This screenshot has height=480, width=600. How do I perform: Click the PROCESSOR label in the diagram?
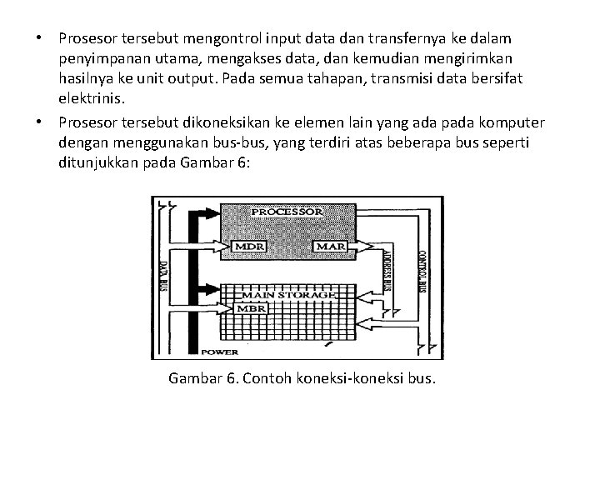pyautogui.click(x=287, y=212)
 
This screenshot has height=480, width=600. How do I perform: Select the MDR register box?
pyautogui.click(x=248, y=247)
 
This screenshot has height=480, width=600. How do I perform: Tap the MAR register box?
pyautogui.click(x=325, y=247)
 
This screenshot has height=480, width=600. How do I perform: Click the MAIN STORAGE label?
pyautogui.click(x=287, y=294)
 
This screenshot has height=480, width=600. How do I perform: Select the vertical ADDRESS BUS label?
pyautogui.click(x=386, y=269)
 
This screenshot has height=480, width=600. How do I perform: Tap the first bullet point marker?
pyautogui.click(x=37, y=39)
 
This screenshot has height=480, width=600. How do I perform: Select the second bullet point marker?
pyautogui.click(x=37, y=123)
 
